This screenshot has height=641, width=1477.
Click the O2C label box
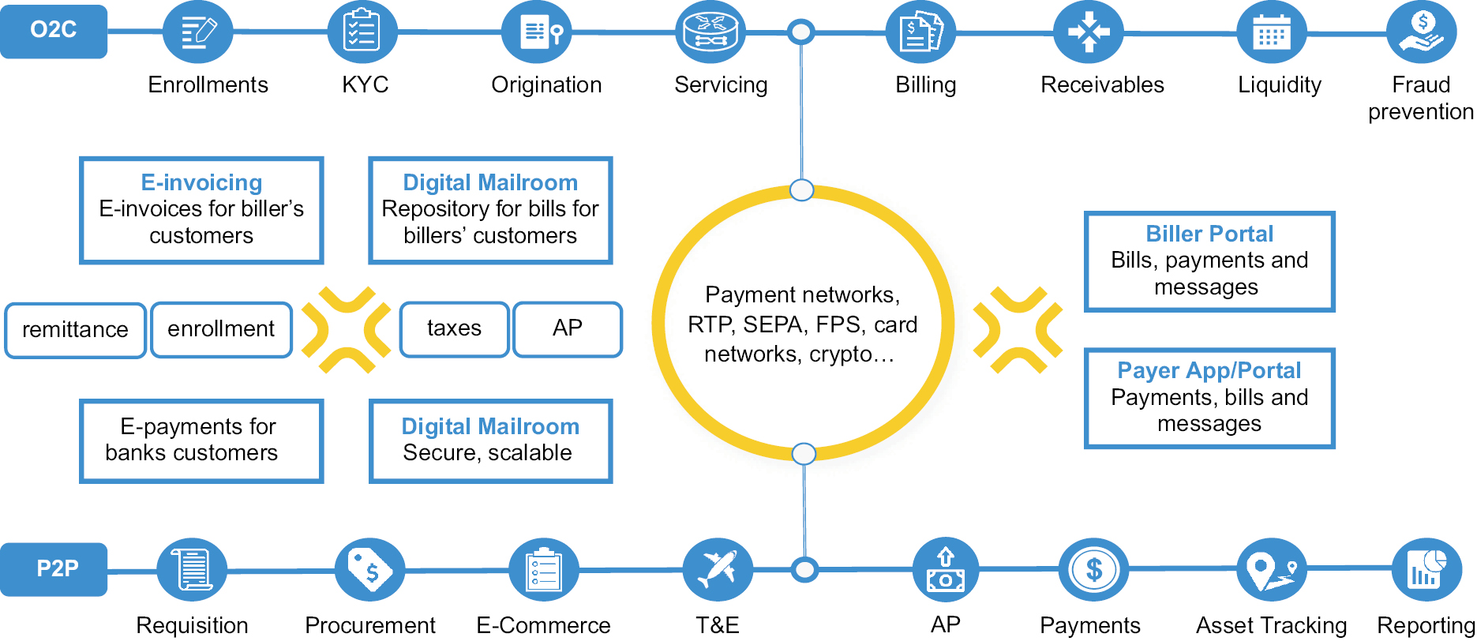53,31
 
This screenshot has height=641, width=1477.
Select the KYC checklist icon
362,32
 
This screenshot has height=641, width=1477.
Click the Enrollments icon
197,32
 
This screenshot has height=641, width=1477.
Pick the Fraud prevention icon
1421,32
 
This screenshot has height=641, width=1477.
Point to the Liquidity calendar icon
1271,33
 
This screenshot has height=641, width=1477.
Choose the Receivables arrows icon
1088,32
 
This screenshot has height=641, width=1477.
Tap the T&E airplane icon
717,569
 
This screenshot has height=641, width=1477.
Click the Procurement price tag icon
369,569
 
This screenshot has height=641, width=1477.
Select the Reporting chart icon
1426,569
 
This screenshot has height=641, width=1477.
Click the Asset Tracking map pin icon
1271,569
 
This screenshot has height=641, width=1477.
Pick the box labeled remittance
75,330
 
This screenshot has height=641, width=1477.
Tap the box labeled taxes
454,328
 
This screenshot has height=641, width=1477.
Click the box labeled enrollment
221,329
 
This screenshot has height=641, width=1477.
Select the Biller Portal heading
1209,234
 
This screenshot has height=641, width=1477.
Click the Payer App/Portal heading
1209,370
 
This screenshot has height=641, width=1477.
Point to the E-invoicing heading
201,182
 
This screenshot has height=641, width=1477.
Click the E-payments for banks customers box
201,440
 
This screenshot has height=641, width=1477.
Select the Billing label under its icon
925,85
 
